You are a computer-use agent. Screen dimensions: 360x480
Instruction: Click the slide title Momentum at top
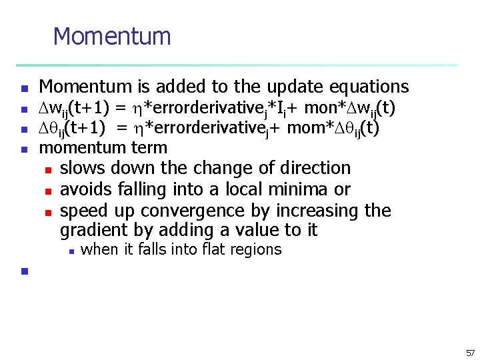pos(112,36)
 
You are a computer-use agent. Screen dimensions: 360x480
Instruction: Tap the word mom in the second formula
pos(305,128)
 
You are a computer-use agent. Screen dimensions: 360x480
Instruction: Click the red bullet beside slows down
pos(47,169)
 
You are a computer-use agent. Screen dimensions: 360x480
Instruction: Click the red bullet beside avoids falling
pos(47,191)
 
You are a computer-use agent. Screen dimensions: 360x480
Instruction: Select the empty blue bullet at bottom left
pos(23,271)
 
